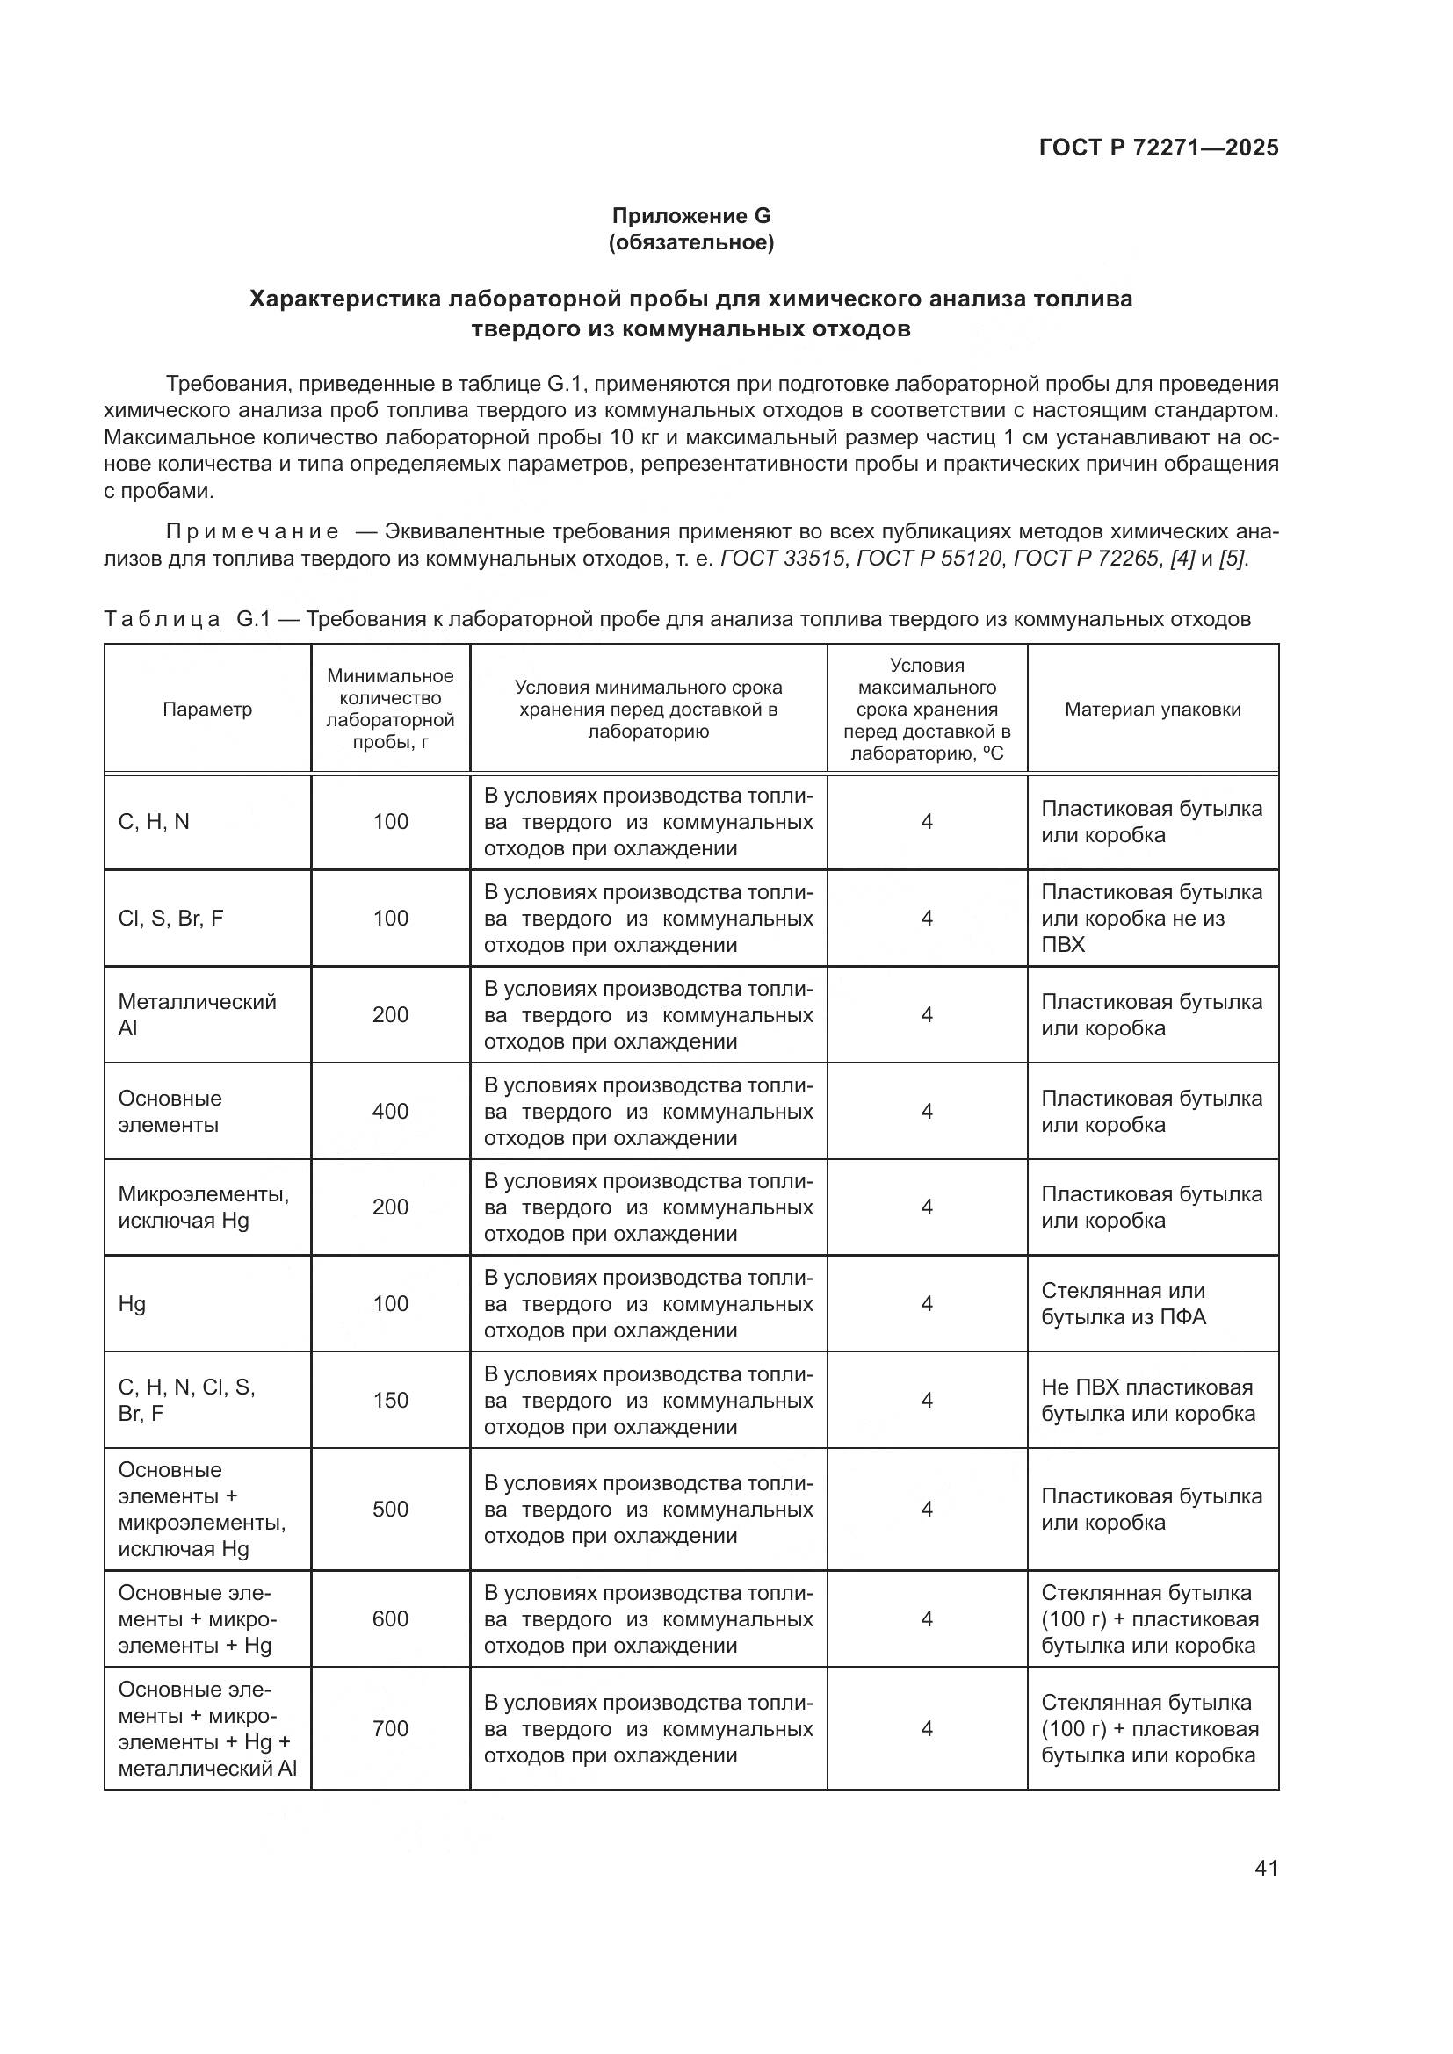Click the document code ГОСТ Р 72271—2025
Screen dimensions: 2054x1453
[x=1159, y=148]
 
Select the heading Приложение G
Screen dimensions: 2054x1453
[x=690, y=216]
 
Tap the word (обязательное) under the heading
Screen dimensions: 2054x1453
[x=690, y=242]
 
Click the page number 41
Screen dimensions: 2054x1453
[x=1266, y=1868]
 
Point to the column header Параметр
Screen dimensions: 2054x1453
[x=207, y=710]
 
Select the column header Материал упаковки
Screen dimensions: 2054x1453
[x=1153, y=710]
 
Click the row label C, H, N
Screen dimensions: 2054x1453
[x=154, y=822]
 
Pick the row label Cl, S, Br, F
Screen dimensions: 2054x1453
[x=171, y=919]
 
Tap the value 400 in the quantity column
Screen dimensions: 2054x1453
[x=390, y=1111]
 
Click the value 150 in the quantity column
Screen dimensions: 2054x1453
[x=390, y=1400]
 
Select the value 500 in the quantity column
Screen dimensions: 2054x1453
[x=390, y=1510]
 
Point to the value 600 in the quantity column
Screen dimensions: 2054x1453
[x=390, y=1618]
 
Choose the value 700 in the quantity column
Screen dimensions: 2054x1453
[x=390, y=1728]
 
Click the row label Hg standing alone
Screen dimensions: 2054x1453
[x=133, y=1303]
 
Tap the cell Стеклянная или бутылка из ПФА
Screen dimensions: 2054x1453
[x=1124, y=1303]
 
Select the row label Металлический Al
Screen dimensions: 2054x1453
[x=197, y=1014]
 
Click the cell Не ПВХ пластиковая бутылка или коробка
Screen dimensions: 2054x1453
[x=1148, y=1400]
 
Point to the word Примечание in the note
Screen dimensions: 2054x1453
[x=252, y=532]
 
